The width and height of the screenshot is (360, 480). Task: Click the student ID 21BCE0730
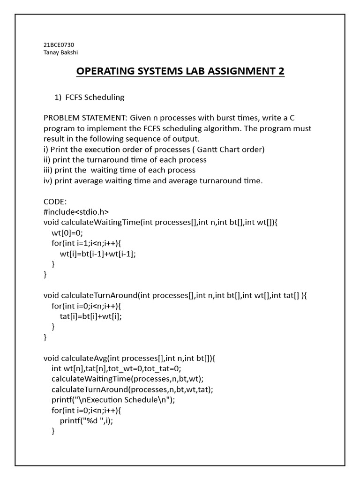point(59,45)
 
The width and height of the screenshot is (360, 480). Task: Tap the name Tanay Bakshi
point(60,52)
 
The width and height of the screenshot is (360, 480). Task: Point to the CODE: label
point(55,202)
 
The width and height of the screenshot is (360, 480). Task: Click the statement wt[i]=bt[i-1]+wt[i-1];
point(101,254)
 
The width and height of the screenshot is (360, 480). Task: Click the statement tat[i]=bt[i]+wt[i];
point(91,316)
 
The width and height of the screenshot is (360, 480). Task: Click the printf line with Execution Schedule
point(113,400)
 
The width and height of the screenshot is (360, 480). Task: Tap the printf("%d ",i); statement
point(87,420)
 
